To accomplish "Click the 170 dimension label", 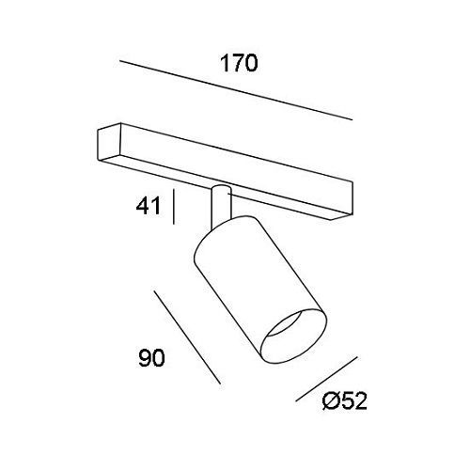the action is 239,63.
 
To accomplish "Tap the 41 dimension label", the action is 148,206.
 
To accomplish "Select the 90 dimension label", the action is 151,358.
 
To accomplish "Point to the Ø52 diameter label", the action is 344,401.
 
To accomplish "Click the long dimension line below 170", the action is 236,90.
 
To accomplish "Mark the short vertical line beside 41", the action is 174,207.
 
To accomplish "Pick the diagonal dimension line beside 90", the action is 187,337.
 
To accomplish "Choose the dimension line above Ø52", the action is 326,379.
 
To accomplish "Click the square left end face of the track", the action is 110,143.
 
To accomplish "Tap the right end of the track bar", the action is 351,198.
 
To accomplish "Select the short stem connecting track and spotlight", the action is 221,207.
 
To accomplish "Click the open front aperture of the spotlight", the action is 294,337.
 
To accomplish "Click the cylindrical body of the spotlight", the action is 260,290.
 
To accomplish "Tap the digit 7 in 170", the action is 238,63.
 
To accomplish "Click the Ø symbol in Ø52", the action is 331,401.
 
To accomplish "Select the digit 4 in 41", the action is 143,206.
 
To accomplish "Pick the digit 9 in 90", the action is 145,358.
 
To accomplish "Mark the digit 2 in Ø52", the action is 360,401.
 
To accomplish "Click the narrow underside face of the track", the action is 224,188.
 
